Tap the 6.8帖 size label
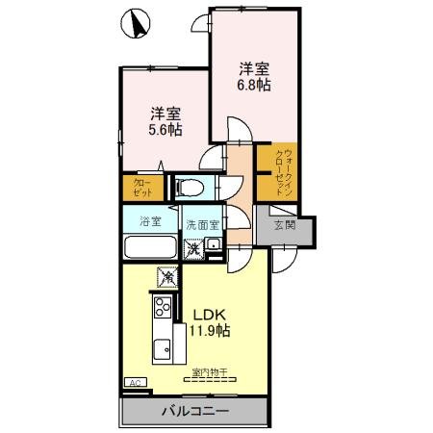coord(254,85)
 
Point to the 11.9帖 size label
coord(209,331)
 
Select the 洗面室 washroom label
coord(203,222)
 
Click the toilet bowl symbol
coord(189,186)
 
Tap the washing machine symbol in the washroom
coord(193,249)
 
